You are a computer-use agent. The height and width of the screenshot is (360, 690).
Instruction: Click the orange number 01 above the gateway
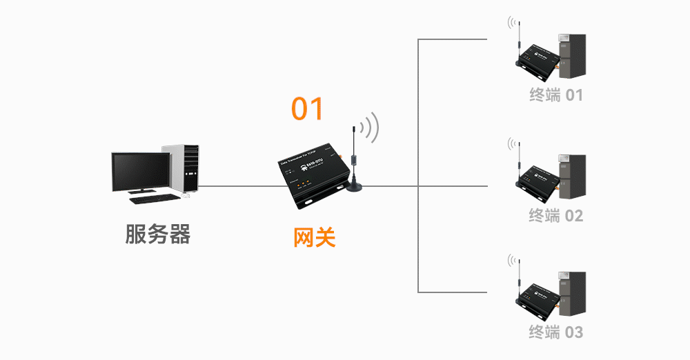coord(307,109)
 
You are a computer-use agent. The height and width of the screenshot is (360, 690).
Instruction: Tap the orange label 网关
coord(315,237)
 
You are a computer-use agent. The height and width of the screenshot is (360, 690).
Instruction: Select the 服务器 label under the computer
coord(157,234)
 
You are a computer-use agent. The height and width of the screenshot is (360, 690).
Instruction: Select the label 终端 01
coord(556,95)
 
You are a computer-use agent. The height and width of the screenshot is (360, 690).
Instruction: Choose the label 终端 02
coord(556,216)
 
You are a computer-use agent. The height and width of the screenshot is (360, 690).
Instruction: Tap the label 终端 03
coord(556,332)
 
